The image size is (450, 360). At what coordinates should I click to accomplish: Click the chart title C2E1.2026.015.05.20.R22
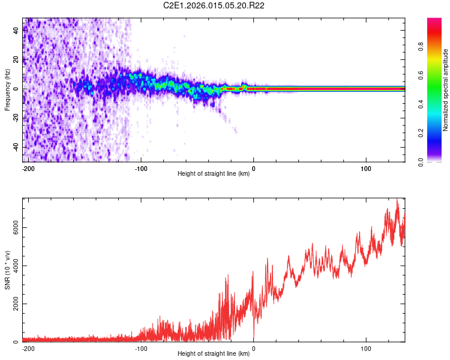click(x=214, y=5)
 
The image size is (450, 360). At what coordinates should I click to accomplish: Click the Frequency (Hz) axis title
click(x=7, y=89)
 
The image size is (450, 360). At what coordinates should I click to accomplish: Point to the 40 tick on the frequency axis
click(x=17, y=31)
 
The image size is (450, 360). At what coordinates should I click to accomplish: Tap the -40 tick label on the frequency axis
click(x=17, y=148)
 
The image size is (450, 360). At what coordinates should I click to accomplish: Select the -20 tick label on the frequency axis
click(x=17, y=119)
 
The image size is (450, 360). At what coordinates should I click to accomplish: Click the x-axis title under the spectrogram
click(x=214, y=174)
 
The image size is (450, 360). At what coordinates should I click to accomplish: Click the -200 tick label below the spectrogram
click(x=28, y=168)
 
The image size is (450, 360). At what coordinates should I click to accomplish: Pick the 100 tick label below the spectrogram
click(x=366, y=168)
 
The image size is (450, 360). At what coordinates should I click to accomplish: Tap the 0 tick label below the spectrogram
click(x=253, y=168)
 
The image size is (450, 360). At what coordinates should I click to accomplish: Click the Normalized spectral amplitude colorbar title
click(x=445, y=89)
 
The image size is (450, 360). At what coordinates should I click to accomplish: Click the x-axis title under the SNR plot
click(x=214, y=354)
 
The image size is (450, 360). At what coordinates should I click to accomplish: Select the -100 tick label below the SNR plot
click(x=141, y=348)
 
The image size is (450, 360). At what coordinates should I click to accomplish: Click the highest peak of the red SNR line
click(x=397, y=200)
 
